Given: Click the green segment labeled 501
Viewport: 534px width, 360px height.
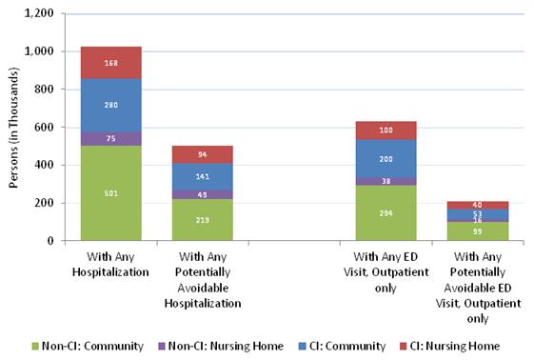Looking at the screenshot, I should coord(110,193).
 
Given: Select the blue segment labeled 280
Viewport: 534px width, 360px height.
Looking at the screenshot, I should coord(110,105).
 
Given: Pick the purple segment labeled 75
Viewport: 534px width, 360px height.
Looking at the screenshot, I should coord(110,138).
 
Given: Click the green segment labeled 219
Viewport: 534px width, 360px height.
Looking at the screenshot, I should coord(202,220).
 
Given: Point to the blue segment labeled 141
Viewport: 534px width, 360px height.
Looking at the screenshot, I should coord(202,176).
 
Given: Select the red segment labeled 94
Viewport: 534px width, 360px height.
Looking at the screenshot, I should coord(202,154).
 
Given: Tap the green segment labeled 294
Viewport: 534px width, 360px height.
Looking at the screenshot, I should coord(385,213).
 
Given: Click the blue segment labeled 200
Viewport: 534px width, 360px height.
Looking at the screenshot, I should coord(385,159).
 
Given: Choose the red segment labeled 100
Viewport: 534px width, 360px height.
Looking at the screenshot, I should coord(385,130).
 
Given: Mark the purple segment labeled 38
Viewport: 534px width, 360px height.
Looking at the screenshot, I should coord(385,181).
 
